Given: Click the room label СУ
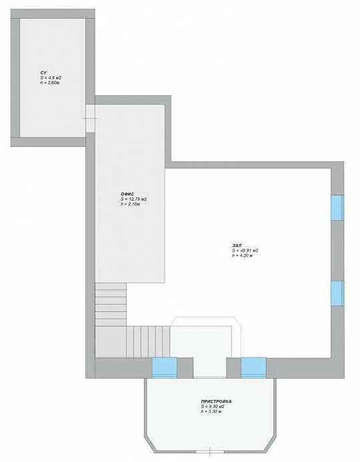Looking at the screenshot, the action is pos(43,73).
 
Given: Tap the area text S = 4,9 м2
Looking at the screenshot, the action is pos(51,78).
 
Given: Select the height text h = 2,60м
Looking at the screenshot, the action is pos(50,83).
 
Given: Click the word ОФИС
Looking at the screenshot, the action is pos(127,194).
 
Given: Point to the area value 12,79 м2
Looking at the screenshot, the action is pos(137,199).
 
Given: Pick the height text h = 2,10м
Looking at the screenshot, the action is pos(130,204).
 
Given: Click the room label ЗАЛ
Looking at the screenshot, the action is pos(237,245).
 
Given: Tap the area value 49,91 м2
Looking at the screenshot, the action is pos(249,251).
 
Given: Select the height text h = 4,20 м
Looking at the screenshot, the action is pos(243,255).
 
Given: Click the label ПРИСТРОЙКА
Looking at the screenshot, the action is pos(216,401).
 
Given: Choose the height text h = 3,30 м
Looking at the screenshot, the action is pos(211,411).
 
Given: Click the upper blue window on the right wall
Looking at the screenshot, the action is pos(337,207).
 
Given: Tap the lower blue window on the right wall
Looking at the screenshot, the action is pos(337,293).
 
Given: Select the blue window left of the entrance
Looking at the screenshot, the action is pos(165,367).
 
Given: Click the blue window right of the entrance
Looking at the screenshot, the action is pos(253,367).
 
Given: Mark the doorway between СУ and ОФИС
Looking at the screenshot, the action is pos(91,118).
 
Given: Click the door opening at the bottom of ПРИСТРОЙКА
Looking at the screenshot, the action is pos(210,451).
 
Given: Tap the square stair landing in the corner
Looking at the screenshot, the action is pos(111,341).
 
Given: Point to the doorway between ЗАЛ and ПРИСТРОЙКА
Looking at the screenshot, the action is pos(210,367).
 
